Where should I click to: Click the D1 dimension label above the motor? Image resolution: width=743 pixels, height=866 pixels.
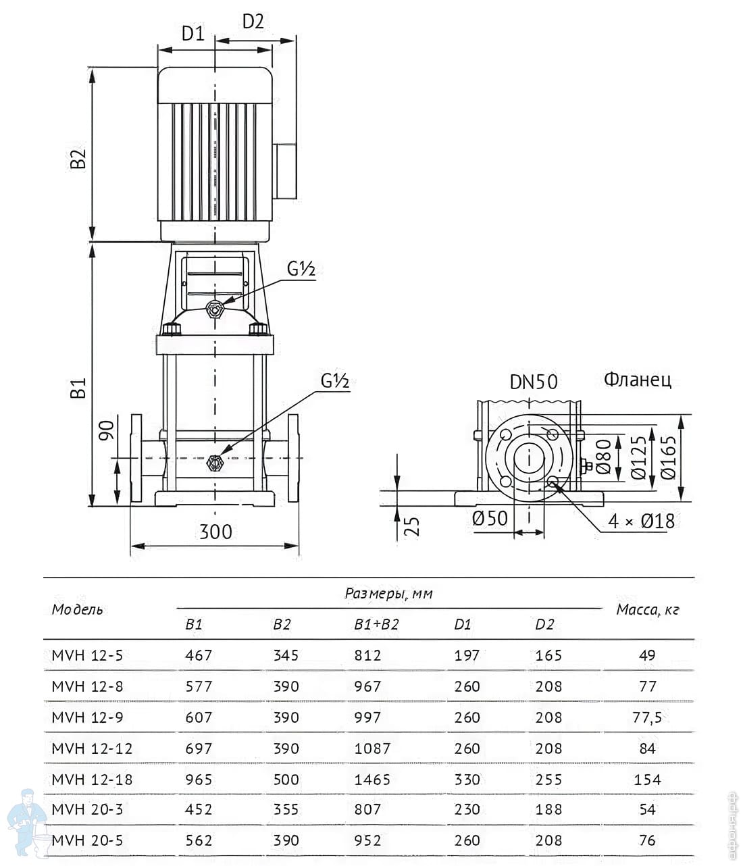193,34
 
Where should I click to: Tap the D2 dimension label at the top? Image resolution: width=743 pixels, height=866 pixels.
253,22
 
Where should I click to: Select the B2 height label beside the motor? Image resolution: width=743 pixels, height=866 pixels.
78,159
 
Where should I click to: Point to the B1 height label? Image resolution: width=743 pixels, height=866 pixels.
78,388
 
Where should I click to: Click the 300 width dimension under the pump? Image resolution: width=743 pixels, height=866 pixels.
215,532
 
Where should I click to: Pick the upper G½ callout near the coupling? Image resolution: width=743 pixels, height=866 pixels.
301,269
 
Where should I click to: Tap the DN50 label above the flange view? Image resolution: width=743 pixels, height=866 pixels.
534,382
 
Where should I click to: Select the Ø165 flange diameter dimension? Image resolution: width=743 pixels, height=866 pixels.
668,457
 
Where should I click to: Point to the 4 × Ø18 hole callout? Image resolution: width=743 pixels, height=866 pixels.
641,521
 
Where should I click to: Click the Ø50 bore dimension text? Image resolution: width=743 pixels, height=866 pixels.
490,518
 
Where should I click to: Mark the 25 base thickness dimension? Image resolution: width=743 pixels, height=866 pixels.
412,526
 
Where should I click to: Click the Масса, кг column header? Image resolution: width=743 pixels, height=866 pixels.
648,610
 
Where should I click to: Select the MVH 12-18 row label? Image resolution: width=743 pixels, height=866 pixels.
92,780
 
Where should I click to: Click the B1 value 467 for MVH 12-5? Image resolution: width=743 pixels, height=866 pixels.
199,655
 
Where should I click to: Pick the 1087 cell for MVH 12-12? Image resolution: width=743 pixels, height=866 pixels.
372,748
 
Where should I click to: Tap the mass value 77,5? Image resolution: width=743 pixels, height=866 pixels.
647,717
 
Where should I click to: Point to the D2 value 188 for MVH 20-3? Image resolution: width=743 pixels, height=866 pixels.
548,809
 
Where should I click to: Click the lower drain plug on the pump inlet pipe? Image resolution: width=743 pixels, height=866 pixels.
215,463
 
